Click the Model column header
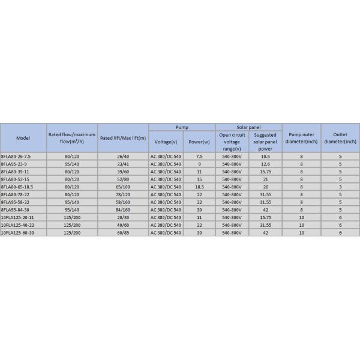pyautogui.click(x=23, y=138)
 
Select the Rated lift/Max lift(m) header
pyautogui.click(x=122, y=138)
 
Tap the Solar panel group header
pyautogui.click(x=248, y=127)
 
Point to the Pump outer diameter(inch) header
pyautogui.click(x=302, y=138)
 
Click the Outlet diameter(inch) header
pyautogui.click(x=340, y=138)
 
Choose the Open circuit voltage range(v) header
pyautogui.click(x=232, y=142)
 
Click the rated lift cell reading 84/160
pyautogui.click(x=123, y=209)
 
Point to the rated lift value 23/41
pyautogui.click(x=123, y=164)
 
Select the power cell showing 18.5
pyautogui.click(x=199, y=187)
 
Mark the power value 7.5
pyautogui.click(x=199, y=156)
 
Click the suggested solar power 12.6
pyautogui.click(x=265, y=164)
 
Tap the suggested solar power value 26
pyautogui.click(x=265, y=187)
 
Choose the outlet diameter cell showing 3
pyautogui.click(x=340, y=187)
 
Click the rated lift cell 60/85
pyautogui.click(x=123, y=232)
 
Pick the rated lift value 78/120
pyautogui.click(x=123, y=194)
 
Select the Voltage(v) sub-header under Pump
pyautogui.click(x=166, y=142)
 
